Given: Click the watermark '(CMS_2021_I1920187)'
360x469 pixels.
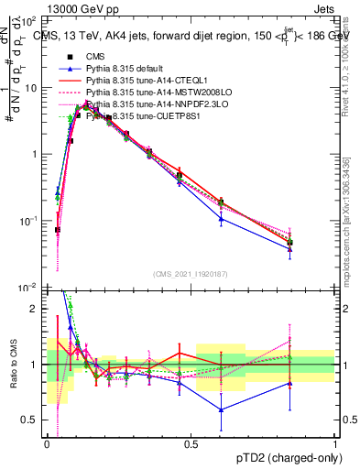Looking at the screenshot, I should click(x=191, y=274).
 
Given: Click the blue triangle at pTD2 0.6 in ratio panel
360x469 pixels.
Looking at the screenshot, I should click(x=221, y=409).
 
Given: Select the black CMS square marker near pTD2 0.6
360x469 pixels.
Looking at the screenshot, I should click(x=221, y=202).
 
